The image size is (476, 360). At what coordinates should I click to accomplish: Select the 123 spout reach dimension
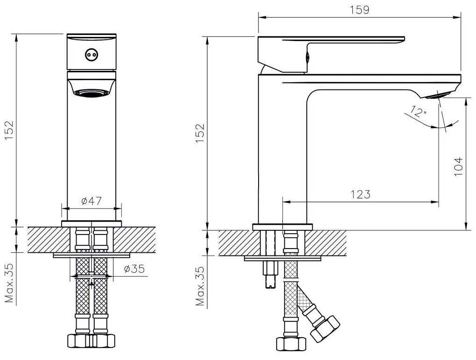(360, 194)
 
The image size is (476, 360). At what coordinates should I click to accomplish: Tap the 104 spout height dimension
(458, 166)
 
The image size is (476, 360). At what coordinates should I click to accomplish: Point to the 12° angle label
(419, 112)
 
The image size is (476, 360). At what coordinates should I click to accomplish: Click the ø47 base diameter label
(92, 201)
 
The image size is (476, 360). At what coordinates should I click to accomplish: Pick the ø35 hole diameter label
(134, 269)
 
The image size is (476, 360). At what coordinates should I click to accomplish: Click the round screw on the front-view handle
(91, 55)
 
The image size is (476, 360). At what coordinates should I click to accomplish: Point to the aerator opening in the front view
(91, 93)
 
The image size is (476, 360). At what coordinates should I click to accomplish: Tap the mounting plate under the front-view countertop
(91, 255)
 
